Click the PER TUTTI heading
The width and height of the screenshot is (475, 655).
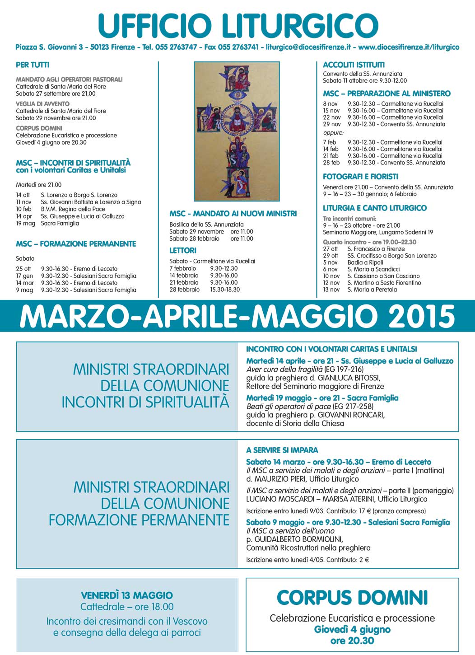coord(33,65)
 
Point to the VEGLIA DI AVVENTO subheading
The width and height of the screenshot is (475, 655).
coord(42,104)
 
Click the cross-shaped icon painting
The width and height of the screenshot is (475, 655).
coord(237,131)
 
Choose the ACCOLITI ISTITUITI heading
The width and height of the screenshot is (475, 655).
coord(354,65)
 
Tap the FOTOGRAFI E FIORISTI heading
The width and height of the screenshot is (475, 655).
coord(360,177)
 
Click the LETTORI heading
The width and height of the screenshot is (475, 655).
coord(183,250)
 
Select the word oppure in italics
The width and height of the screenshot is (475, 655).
coord(333,133)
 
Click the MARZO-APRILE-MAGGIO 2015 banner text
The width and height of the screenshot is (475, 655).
coord(237,316)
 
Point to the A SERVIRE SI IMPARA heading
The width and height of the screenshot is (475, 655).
coord(282,450)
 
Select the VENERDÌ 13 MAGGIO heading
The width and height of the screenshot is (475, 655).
coord(127,595)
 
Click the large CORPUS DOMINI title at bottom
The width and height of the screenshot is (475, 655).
coord(352,598)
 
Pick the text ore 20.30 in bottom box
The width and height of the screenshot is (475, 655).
coord(352,641)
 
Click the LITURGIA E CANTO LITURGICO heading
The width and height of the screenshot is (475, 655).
coord(374,208)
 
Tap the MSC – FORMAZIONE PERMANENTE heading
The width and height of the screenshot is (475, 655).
coord(76,244)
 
